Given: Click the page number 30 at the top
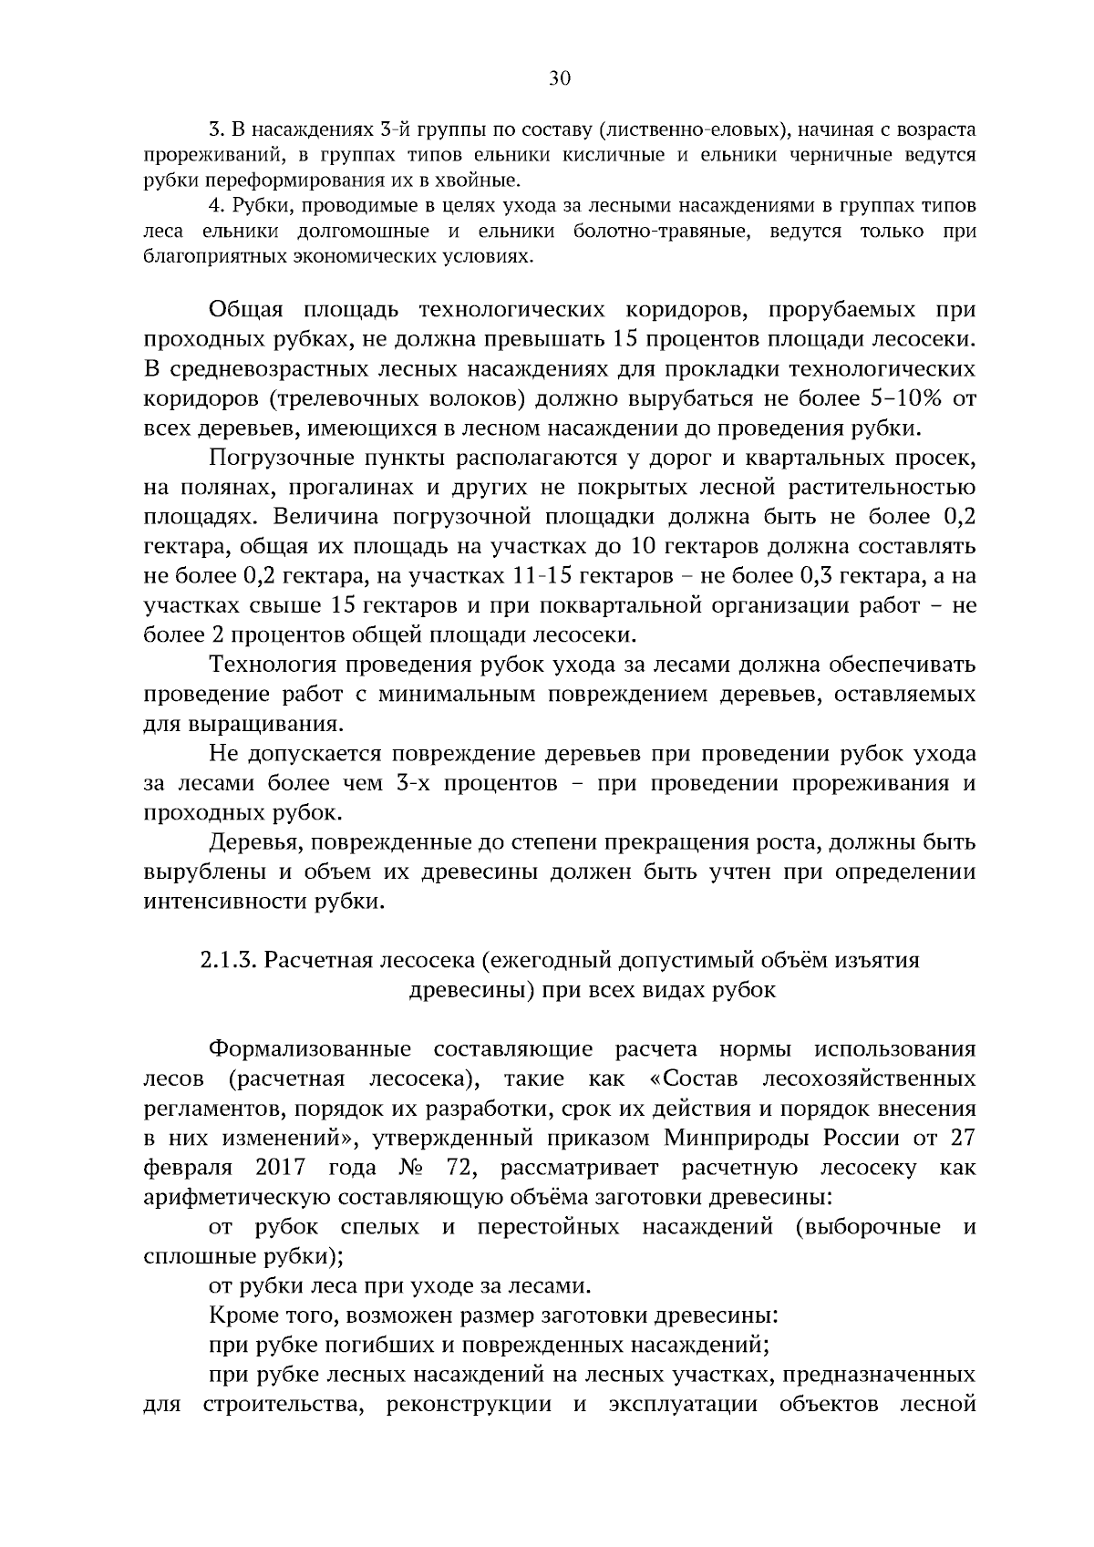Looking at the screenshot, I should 560,79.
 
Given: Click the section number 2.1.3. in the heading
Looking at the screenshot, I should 229,960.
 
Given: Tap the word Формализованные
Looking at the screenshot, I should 310,1049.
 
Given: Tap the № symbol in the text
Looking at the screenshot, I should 396,1168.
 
